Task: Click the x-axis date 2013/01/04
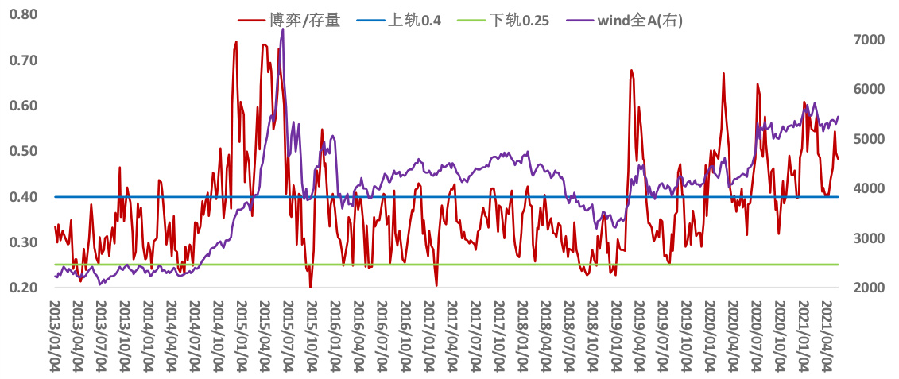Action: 56,335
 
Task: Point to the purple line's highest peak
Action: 283,30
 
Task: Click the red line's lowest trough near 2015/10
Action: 310,287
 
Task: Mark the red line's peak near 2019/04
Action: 631,70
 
